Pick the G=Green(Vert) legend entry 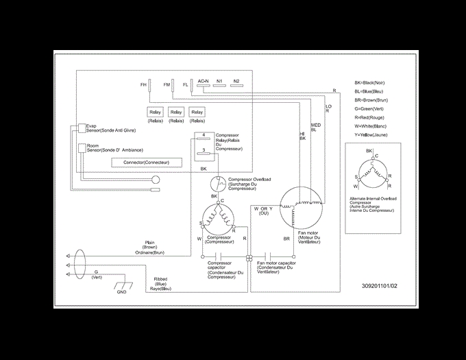coord(369,108)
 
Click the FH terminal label coord(143,84)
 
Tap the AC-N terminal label coord(203,81)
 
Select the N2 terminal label coord(236,81)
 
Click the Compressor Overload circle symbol coord(218,183)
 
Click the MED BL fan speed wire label coord(315,128)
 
